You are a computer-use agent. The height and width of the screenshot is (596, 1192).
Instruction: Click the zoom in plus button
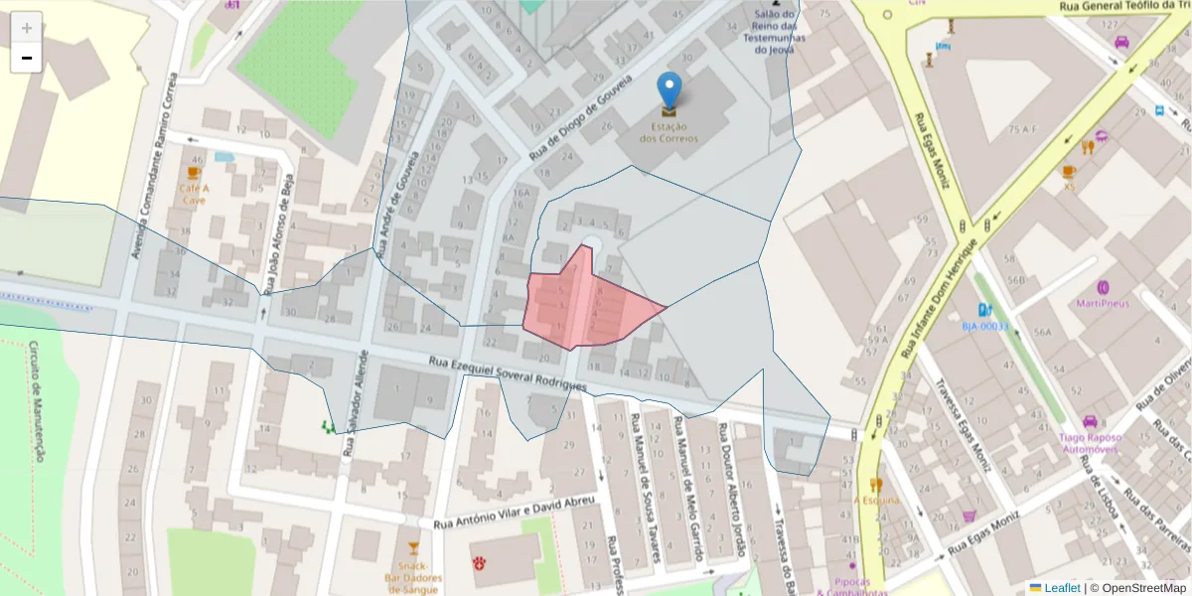pos(27,28)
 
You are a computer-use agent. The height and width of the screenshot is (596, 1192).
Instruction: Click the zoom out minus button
pos(27,59)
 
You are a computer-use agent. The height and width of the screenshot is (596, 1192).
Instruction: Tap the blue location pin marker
pos(670,91)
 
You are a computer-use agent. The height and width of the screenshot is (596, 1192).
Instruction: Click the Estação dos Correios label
pos(669,132)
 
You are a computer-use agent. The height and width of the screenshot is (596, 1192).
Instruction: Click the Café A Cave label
pos(195,194)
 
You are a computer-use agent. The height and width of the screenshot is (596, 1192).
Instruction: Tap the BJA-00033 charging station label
pos(984,326)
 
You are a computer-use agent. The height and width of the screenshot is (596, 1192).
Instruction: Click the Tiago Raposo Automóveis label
pos(1090,443)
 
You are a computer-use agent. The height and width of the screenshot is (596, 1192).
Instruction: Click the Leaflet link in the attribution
pos(1062,588)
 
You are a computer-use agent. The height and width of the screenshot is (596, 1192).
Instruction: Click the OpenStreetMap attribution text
pos(1137,588)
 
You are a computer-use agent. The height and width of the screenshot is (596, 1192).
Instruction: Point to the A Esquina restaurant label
pos(877,501)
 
